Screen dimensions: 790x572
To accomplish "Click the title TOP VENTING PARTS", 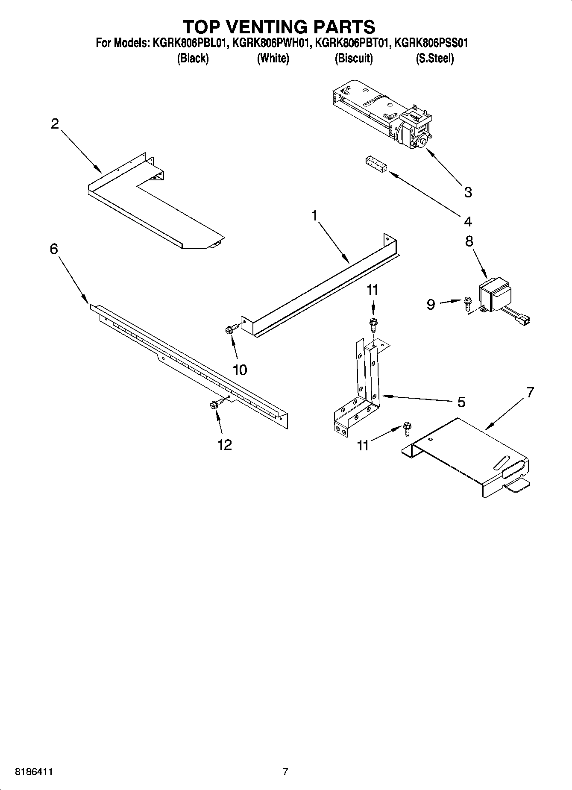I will (279, 27).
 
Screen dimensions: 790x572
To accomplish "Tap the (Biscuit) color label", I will (353, 59).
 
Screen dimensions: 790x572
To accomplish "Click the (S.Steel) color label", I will (434, 59).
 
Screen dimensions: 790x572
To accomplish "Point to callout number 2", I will (55, 124).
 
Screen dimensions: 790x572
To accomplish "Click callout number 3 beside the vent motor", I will (468, 192).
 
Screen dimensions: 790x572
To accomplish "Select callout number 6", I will (54, 249).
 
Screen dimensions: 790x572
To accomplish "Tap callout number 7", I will (530, 392).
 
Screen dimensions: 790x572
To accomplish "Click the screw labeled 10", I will (231, 329).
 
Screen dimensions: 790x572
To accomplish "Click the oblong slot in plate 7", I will (502, 464).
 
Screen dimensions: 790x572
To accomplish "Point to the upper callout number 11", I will (373, 290).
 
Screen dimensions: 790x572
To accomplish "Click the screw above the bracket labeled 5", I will (373, 324).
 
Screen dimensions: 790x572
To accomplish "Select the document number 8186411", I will (34, 772).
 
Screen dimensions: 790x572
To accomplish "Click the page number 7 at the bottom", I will (285, 772).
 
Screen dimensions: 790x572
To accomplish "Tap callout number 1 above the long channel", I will (314, 216).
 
